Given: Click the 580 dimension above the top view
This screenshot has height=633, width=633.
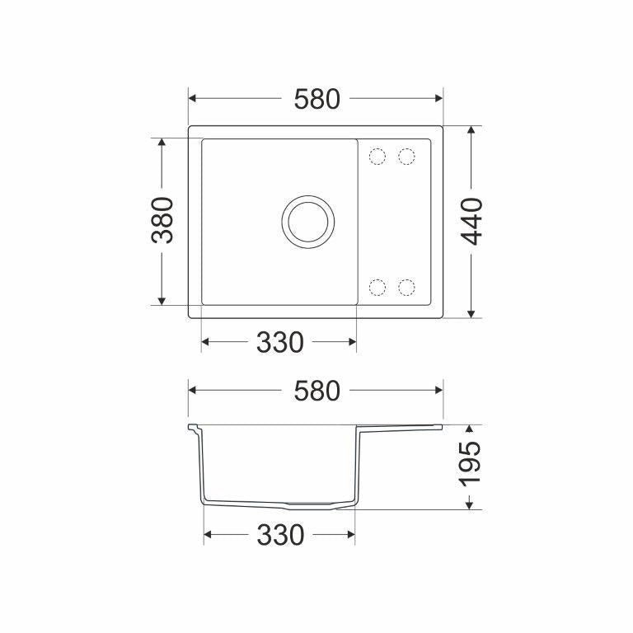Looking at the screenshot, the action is coord(316,99).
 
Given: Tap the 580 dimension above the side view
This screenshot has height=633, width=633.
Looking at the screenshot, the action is coord(316,392).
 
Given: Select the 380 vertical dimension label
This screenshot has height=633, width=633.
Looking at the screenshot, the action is coord(162,220).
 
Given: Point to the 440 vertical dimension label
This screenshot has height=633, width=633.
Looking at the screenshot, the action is coord(472,222).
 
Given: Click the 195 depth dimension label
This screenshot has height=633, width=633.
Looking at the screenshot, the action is coord(470,462).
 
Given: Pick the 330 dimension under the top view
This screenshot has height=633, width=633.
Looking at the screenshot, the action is coord(279,342).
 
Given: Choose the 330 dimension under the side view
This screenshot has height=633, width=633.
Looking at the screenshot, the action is coord(280,535).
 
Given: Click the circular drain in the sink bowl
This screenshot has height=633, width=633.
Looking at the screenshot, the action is coord(308,222).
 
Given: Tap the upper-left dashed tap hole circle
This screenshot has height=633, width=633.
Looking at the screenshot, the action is coord(377,157).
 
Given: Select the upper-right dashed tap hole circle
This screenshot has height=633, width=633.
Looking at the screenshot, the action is coord(406,157).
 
